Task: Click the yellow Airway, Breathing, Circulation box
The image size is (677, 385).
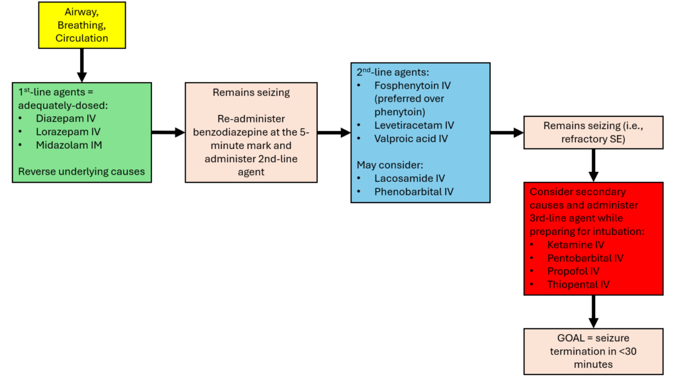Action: click(82, 26)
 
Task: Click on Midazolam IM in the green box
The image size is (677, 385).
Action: click(68, 145)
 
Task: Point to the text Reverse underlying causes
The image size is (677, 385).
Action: click(81, 171)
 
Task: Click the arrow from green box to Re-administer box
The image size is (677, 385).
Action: click(168, 132)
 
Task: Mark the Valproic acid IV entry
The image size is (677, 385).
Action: click(410, 138)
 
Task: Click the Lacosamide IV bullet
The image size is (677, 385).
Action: click(409, 178)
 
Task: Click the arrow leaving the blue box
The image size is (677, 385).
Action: click(506, 132)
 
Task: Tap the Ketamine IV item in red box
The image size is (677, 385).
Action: click(575, 245)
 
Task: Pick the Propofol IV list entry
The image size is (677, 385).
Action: click(573, 271)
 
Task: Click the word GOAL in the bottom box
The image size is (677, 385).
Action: click(553, 337)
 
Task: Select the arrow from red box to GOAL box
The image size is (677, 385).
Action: click(593, 310)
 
